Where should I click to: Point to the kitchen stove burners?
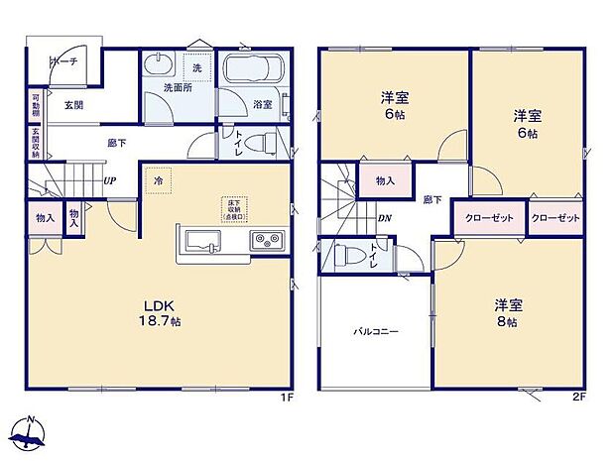pyautogui.click(x=265, y=239)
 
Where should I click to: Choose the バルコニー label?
pyautogui.click(x=377, y=332)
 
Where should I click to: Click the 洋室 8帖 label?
pyautogui.click(x=506, y=313)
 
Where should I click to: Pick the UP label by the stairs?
pyautogui.click(x=112, y=180)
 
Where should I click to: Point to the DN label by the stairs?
pyautogui.click(x=384, y=219)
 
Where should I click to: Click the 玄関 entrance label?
pyautogui.click(x=74, y=103)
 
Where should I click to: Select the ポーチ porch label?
pyautogui.click(x=64, y=60)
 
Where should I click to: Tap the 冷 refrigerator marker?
pyautogui.click(x=159, y=180)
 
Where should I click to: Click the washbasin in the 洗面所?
pyautogui.click(x=157, y=66)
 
